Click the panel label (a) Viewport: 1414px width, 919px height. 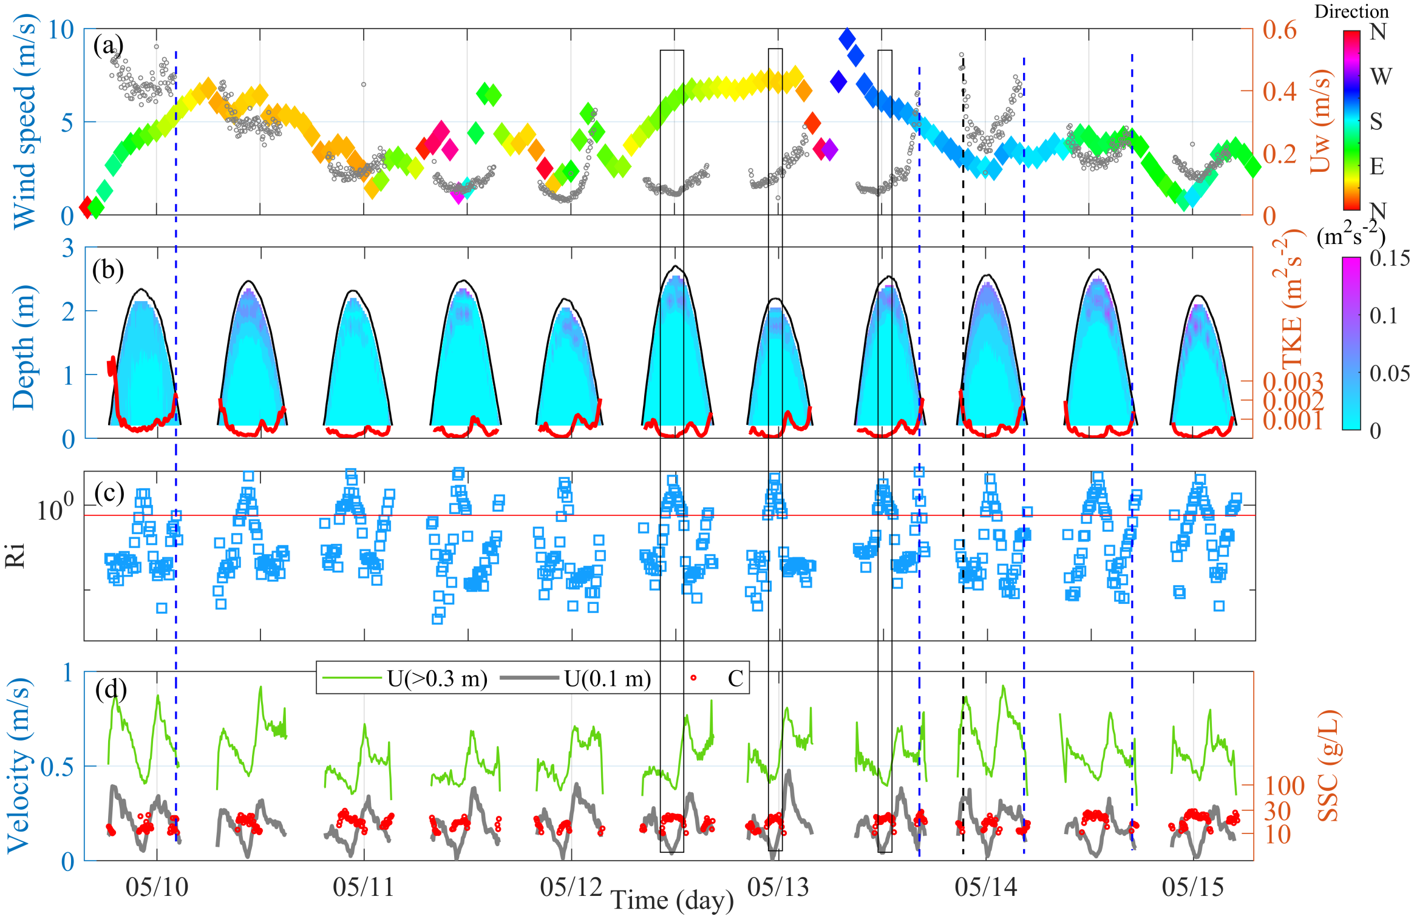click(108, 46)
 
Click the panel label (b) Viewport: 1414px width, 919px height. click(108, 270)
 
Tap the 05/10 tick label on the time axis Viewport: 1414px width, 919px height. click(157, 887)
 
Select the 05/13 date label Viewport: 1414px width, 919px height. click(778, 887)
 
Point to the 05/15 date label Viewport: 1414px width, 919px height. click(1192, 887)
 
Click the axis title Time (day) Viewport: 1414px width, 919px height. click(672, 900)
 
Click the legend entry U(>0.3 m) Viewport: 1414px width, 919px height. click(437, 678)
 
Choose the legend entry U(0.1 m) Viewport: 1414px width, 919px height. click(607, 678)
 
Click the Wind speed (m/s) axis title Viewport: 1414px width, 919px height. click(24, 123)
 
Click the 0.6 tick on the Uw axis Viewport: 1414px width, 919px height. click(1279, 30)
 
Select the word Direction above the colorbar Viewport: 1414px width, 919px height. click(1351, 12)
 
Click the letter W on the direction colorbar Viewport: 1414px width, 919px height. click(1381, 76)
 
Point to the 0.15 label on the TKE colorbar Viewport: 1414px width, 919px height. click(1390, 259)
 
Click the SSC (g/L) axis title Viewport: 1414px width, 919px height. click(1328, 765)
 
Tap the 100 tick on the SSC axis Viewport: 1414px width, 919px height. click(1285, 786)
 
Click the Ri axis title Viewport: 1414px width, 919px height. click(15, 555)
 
